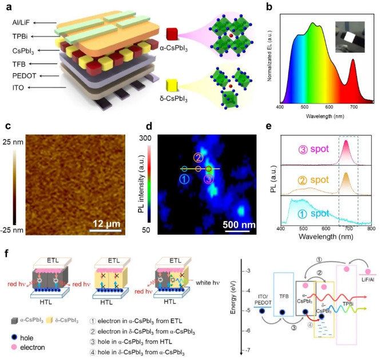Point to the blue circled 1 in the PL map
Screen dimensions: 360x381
pos(184,179)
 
